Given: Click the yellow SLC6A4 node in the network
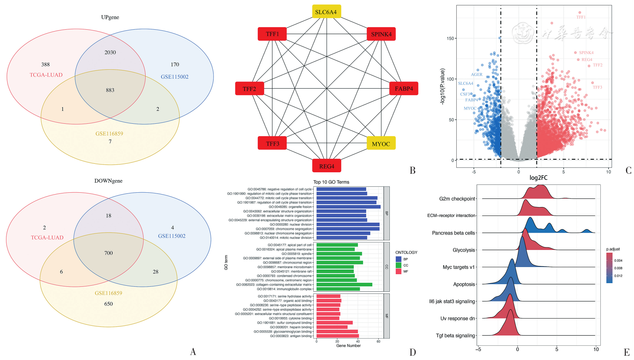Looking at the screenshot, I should [326, 12].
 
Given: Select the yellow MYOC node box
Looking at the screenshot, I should [381, 144].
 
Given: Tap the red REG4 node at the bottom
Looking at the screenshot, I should [326, 166].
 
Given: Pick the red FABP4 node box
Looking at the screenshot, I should [404, 89].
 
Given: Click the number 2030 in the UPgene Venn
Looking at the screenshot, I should [110, 53].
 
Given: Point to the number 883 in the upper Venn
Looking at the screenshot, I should [110, 90].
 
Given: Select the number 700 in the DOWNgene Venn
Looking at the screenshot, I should [108, 253].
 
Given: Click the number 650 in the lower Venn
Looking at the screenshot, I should [108, 304].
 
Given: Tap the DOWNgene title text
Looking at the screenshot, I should [108, 181].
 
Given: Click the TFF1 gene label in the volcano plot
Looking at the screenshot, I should [581, 17].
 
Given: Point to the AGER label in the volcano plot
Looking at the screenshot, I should [477, 75].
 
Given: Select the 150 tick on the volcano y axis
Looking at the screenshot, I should [450, 38].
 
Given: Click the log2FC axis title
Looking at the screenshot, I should [538, 178].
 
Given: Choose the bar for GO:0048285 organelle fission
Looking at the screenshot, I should [348, 207].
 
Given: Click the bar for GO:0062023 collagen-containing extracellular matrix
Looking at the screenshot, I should [344, 285].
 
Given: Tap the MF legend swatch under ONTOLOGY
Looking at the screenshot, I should [398, 271].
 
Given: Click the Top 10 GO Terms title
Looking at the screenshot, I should [331, 182].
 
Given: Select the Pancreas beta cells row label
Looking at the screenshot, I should [453, 233].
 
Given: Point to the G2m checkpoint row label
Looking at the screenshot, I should [457, 199].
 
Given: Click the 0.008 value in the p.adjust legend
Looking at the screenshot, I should [618, 268].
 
